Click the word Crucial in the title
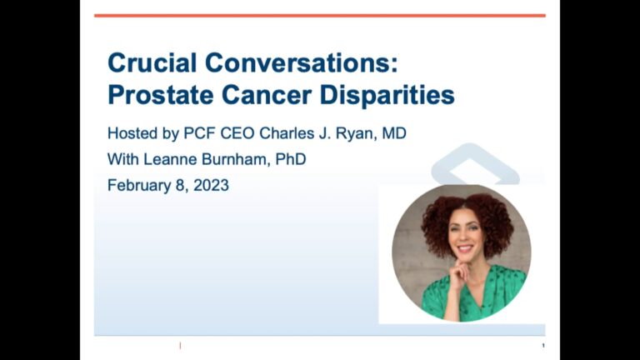coord(152,62)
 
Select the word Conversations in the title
coord(302,62)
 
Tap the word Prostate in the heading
coord(160,95)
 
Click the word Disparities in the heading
coord(387,95)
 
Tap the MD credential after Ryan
coord(394,133)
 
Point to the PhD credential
coord(291,159)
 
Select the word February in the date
coord(139,186)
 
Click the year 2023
coord(211,185)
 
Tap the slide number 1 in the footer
coord(543,346)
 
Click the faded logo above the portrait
coord(475,164)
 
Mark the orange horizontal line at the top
coord(320,16)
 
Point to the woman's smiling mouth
coord(465,248)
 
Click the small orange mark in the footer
coord(180,346)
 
